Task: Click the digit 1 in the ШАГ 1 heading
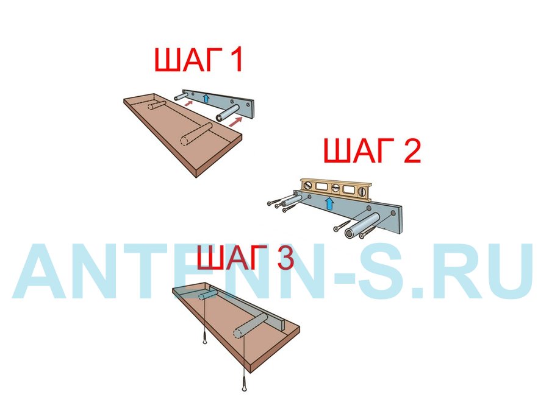[x=235, y=60]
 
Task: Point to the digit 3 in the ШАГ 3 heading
[x=285, y=257]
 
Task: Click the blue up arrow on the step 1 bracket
[x=206, y=98]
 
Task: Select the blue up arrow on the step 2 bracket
[x=329, y=203]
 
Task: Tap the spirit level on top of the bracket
[x=335, y=189]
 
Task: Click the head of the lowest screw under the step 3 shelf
[x=244, y=388]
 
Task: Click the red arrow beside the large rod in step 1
[x=235, y=121]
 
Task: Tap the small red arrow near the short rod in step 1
[x=188, y=103]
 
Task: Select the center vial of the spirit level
[x=335, y=188]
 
